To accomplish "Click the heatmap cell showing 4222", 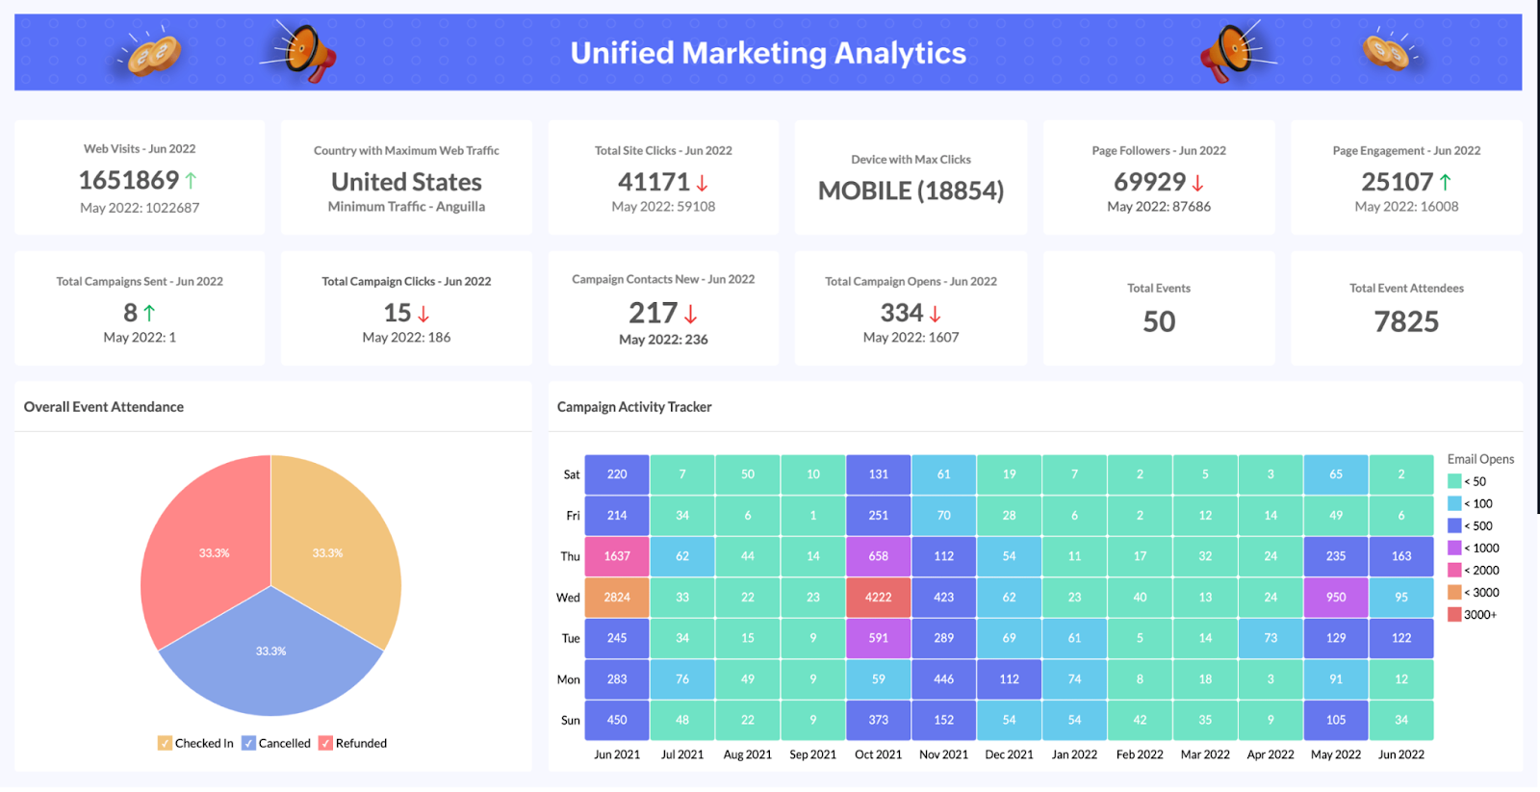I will pyautogui.click(x=878, y=598).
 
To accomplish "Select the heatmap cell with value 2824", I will pyautogui.click(x=617, y=598).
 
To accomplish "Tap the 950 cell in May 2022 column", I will pyautogui.click(x=1336, y=598).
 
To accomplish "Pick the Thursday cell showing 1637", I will pyautogui.click(x=617, y=556).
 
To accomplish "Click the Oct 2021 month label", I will pyautogui.click(x=878, y=754).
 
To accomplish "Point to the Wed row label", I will pyautogui.click(x=568, y=598).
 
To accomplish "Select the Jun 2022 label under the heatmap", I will pyautogui.click(x=1400, y=754).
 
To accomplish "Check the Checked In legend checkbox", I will pyautogui.click(x=165, y=743).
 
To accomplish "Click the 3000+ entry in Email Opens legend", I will pyautogui.click(x=1479, y=615).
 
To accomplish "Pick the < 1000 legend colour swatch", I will pyautogui.click(x=1454, y=549).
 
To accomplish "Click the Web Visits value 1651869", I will pyautogui.click(x=129, y=180).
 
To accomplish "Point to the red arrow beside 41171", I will pyautogui.click(x=703, y=183).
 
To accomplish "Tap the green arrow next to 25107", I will pyautogui.click(x=1446, y=182).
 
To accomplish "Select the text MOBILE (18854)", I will pyautogui.click(x=911, y=191).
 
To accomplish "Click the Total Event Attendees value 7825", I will pyautogui.click(x=1406, y=321).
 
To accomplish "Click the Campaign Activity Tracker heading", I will pyautogui.click(x=634, y=407).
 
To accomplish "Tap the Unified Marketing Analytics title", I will pyautogui.click(x=768, y=53).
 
